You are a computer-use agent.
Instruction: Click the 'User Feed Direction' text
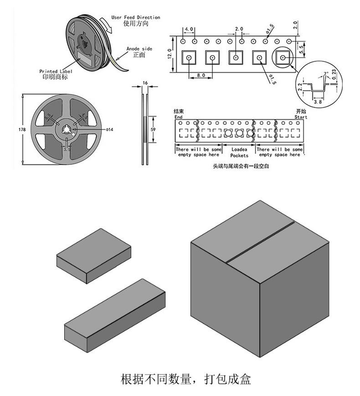coord(135,17)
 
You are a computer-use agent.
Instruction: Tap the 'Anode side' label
coord(139,49)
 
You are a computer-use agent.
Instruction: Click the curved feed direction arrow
coord(108,26)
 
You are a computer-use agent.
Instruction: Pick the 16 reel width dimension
coord(145,82)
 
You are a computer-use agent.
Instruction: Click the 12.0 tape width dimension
coord(170,54)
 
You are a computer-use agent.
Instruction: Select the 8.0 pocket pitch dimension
coord(201,75)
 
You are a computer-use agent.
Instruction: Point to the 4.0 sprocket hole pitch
coord(189,30)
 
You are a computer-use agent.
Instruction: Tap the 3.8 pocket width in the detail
coord(318,103)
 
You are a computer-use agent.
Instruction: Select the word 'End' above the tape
coord(178,117)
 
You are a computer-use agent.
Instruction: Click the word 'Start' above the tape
coord(301,117)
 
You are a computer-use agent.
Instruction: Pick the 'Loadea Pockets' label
coord(239,152)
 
